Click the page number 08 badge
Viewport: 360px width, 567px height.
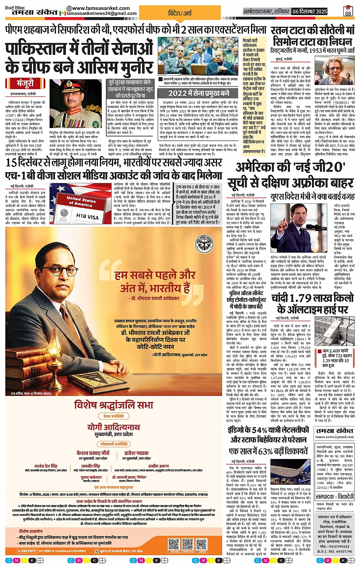pyautogui.click(x=348, y=11)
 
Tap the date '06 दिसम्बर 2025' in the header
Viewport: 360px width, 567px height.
pyautogui.click(x=310, y=12)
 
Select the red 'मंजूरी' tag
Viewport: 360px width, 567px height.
pyautogui.click(x=25, y=83)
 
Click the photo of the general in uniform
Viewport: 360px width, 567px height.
pyautogui.click(x=75, y=103)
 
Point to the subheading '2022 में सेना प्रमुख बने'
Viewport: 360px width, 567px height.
pyautogui.click(x=198, y=93)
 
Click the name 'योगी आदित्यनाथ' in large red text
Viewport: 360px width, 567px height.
pyautogui.click(x=114, y=427)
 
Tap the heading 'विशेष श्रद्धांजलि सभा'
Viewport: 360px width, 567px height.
pyautogui.click(x=114, y=405)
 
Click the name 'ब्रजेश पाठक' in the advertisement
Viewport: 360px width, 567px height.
pyautogui.click(x=136, y=453)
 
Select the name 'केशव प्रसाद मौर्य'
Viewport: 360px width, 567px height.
pyautogui.click(x=93, y=453)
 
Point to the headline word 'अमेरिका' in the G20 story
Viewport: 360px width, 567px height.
pyautogui.click(x=261, y=167)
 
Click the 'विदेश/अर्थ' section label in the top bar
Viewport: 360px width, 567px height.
pyautogui.click(x=180, y=13)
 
